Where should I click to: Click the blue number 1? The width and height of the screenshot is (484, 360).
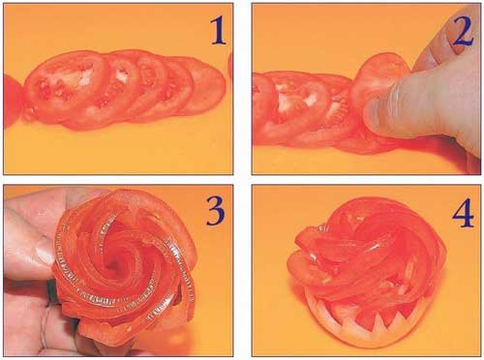218,31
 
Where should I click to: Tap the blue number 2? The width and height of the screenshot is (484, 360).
464,31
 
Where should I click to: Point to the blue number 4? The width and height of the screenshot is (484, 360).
463,214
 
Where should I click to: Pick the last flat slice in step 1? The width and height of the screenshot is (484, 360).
206,84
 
